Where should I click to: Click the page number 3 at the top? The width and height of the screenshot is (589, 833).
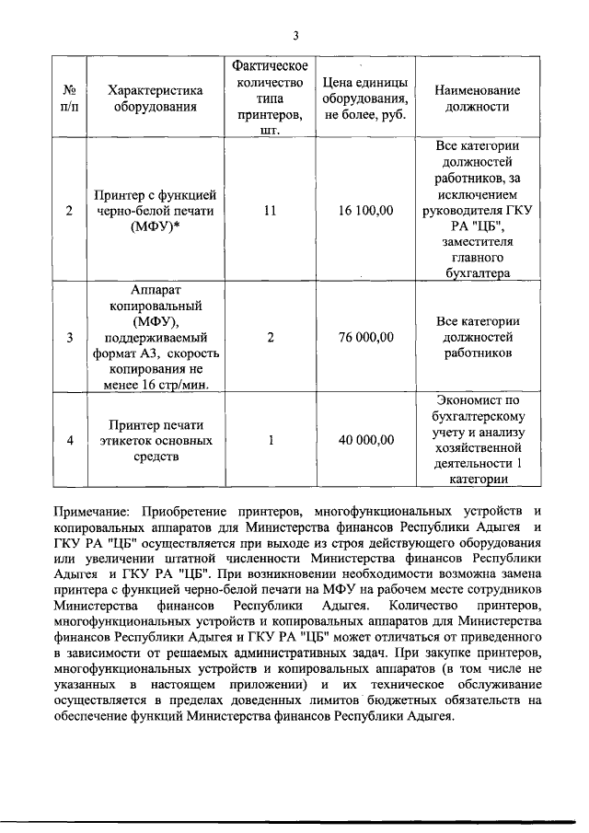(295, 36)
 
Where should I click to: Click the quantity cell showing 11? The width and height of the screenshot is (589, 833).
(270, 211)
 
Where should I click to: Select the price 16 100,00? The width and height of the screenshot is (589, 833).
(365, 211)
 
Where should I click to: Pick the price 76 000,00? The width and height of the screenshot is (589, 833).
(365, 338)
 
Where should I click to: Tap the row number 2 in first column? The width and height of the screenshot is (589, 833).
(70, 211)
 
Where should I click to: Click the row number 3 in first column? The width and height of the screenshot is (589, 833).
(70, 338)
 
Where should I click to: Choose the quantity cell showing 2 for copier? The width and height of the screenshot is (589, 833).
(270, 338)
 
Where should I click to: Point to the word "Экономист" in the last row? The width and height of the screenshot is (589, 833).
(478, 400)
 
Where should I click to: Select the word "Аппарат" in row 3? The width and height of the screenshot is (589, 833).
(155, 289)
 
